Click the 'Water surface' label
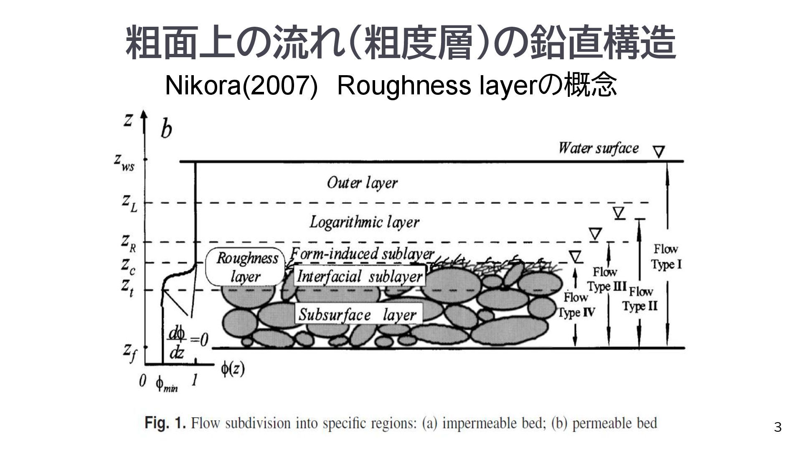click(598, 148)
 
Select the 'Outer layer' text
click(362, 183)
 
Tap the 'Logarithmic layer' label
click(364, 222)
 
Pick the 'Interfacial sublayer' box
click(359, 276)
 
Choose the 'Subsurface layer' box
click(358, 314)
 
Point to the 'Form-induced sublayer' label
click(362, 253)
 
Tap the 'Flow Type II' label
click(640, 299)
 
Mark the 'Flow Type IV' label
click(576, 305)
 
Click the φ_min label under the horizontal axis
click(166, 384)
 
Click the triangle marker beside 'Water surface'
click(659, 151)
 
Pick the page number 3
click(777, 427)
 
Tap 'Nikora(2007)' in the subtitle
click(241, 86)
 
